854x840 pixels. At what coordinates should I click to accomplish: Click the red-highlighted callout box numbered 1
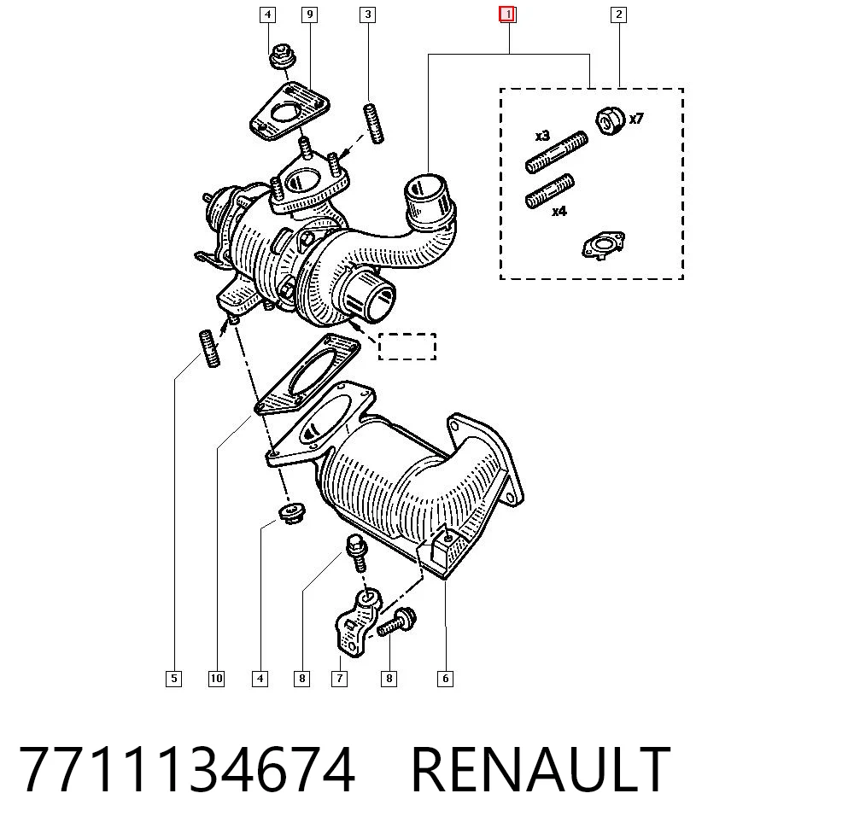tap(507, 15)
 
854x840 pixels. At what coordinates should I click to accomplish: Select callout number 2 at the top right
tap(618, 15)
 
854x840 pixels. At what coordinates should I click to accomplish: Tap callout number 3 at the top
tap(367, 15)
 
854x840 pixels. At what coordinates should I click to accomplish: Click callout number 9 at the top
tap(309, 15)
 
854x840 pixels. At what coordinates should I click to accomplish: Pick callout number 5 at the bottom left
tap(173, 679)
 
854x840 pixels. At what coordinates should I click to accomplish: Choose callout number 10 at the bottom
tap(216, 679)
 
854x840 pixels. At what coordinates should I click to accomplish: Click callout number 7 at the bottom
tap(339, 679)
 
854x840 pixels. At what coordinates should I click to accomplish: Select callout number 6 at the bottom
tap(445, 679)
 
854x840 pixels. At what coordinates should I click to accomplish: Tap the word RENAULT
tap(541, 769)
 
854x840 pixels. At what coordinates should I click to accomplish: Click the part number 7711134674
tap(187, 769)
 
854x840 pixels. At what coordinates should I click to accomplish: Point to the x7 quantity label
tap(636, 118)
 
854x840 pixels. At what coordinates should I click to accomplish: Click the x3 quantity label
tap(542, 136)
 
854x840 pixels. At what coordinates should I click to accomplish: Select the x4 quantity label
tap(559, 211)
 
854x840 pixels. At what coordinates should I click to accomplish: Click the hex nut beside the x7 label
tap(611, 121)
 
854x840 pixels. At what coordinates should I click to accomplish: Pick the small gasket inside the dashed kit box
tap(603, 245)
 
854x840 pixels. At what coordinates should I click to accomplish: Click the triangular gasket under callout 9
tap(290, 112)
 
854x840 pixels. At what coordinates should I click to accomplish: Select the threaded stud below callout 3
tap(373, 123)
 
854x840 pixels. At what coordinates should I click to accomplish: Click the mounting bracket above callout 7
tap(359, 624)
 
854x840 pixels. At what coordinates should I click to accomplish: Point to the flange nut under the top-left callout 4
tap(283, 56)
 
